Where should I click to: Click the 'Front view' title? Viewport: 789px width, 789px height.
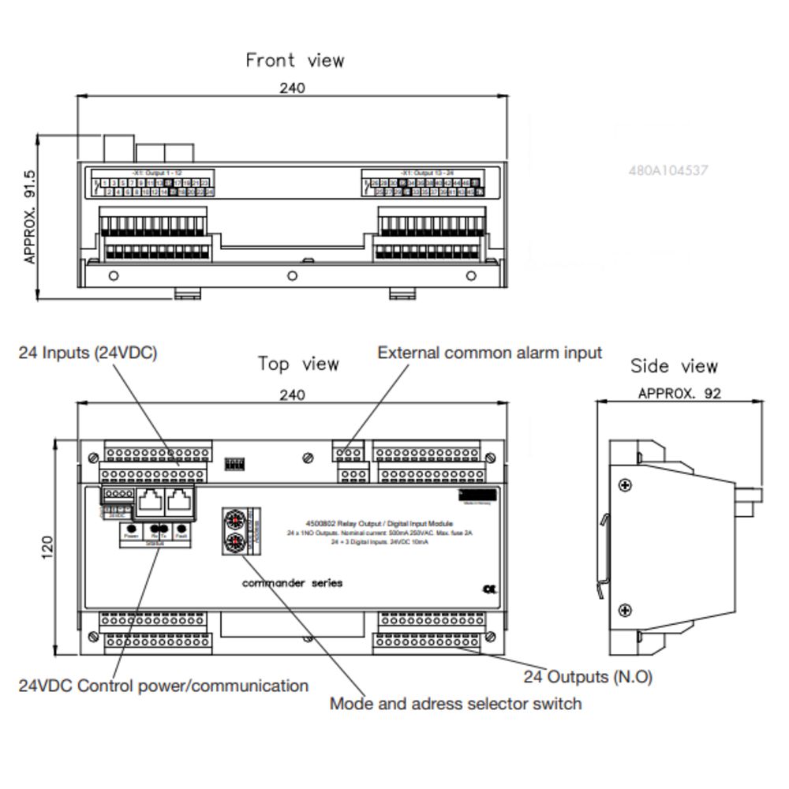[295, 60]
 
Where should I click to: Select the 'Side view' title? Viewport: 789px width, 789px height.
[674, 366]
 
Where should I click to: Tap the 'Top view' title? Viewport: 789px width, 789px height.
[298, 364]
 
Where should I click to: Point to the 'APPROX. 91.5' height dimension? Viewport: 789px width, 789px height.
[31, 215]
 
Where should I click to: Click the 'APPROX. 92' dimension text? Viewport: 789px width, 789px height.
[679, 393]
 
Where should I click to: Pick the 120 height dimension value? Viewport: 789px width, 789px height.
[47, 546]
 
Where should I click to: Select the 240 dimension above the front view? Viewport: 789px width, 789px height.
[292, 88]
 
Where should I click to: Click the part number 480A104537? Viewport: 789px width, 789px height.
[668, 170]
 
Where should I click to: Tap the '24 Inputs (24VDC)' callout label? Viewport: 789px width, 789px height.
[88, 353]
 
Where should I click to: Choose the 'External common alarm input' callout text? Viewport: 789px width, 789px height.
[489, 353]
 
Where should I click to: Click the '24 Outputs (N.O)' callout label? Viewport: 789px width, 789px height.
[588, 677]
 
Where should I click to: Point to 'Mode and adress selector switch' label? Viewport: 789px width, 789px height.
[455, 703]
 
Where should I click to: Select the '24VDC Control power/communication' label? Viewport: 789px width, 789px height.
[163, 686]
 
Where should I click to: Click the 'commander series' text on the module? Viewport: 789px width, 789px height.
[292, 583]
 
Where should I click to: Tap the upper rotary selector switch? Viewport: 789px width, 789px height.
[234, 519]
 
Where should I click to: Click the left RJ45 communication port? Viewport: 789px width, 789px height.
[150, 499]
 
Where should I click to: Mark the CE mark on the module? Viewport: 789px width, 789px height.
[488, 588]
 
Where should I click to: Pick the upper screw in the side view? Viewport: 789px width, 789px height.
[625, 485]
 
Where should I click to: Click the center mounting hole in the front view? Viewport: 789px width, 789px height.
[292, 275]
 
